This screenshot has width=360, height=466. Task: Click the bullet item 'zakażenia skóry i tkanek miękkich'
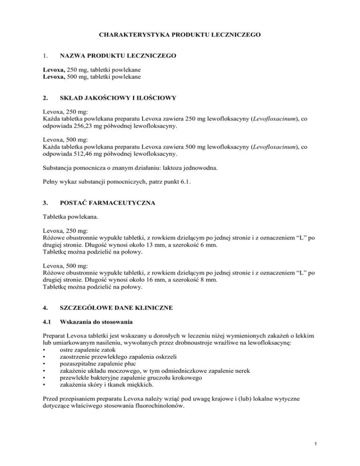(x=108, y=399)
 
